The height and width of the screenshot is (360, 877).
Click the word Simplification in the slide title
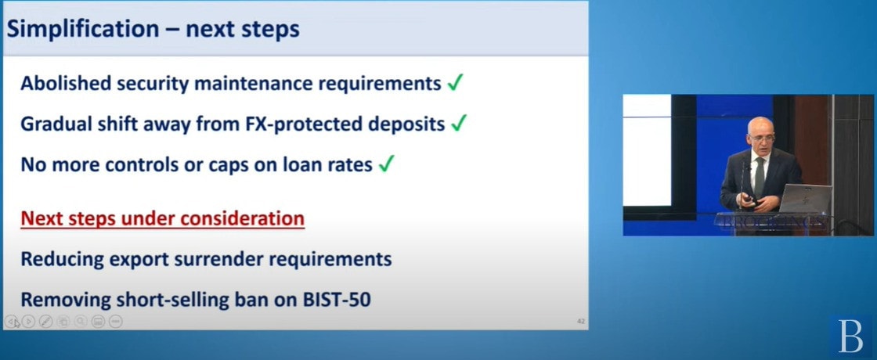pyautogui.click(x=83, y=29)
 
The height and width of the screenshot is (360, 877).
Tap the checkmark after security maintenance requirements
pyautogui.click(x=455, y=83)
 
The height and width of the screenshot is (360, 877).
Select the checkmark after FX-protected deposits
pyautogui.click(x=459, y=124)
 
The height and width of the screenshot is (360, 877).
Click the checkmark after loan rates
pyautogui.click(x=387, y=164)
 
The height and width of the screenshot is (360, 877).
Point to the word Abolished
pyautogui.click(x=66, y=83)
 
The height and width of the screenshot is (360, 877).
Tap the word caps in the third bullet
pyautogui.click(x=239, y=166)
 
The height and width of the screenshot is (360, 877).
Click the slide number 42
pyautogui.click(x=580, y=322)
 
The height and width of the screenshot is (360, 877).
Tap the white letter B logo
pyautogui.click(x=850, y=336)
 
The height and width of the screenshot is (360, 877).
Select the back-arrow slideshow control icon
pyautogui.click(x=11, y=322)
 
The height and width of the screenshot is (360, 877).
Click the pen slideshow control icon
pyautogui.click(x=46, y=322)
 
